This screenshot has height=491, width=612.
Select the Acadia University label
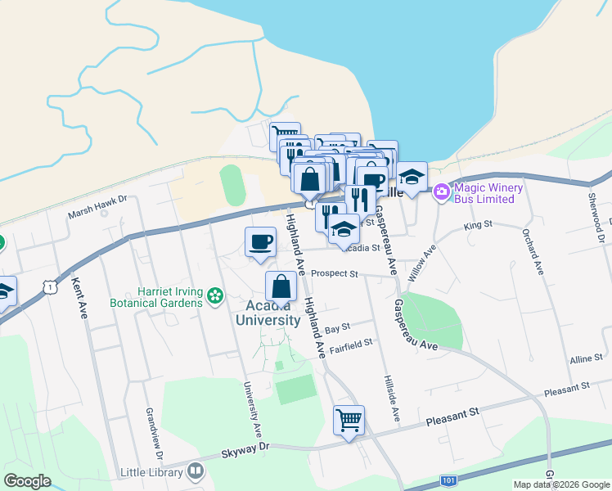tap(268, 313)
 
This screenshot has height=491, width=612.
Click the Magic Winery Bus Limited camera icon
tap(442, 191)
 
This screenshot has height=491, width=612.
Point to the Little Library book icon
tap(196, 471)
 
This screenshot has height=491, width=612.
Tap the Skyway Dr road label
tap(245, 449)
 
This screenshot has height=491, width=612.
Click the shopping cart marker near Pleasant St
tap(349, 421)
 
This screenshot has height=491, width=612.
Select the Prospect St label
tap(335, 273)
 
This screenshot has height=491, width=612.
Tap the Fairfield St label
tap(351, 344)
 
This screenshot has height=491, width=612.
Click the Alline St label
tap(587, 358)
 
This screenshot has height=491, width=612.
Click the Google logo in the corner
tap(27, 481)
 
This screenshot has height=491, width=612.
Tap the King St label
tap(478, 223)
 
